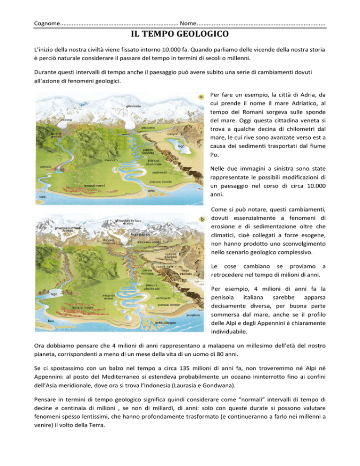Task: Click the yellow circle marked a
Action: [x=200, y=98]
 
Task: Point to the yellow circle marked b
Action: [x=201, y=218]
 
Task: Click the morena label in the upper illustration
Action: [x=59, y=120]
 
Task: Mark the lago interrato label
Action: [x=186, y=272]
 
